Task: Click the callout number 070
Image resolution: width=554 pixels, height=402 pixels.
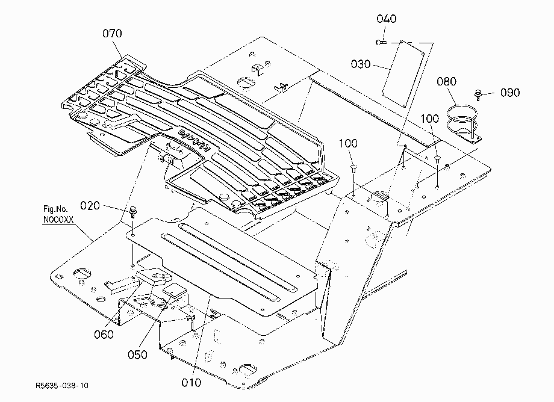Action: click(x=112, y=34)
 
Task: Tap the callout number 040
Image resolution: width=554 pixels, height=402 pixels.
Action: click(x=386, y=19)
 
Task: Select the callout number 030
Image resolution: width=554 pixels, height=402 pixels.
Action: click(x=360, y=64)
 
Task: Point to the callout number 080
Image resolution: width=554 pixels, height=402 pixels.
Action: click(x=447, y=81)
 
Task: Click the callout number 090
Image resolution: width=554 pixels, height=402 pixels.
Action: click(x=510, y=93)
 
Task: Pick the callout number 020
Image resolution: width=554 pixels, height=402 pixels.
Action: click(x=90, y=205)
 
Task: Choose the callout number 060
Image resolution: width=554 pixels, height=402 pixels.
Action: click(x=104, y=334)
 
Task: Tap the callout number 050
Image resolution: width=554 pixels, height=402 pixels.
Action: click(x=137, y=354)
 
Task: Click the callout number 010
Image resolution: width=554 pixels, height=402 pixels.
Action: click(x=191, y=383)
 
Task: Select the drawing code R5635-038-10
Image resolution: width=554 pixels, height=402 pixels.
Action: click(x=62, y=385)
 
